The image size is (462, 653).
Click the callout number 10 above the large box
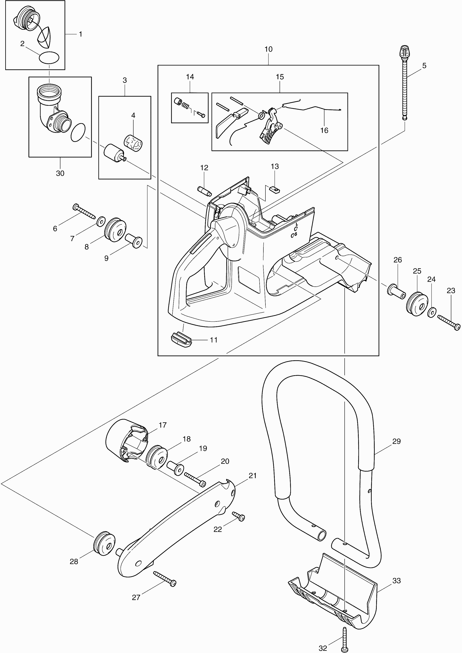pos(268,49)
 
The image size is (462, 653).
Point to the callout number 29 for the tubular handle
pos(396,442)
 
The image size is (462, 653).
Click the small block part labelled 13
pos(275,189)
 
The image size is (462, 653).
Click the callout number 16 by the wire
pos(324,130)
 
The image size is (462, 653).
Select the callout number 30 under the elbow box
pos(60,173)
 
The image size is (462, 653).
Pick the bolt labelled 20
pos(195,479)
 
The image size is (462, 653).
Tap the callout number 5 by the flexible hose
pos(424,66)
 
